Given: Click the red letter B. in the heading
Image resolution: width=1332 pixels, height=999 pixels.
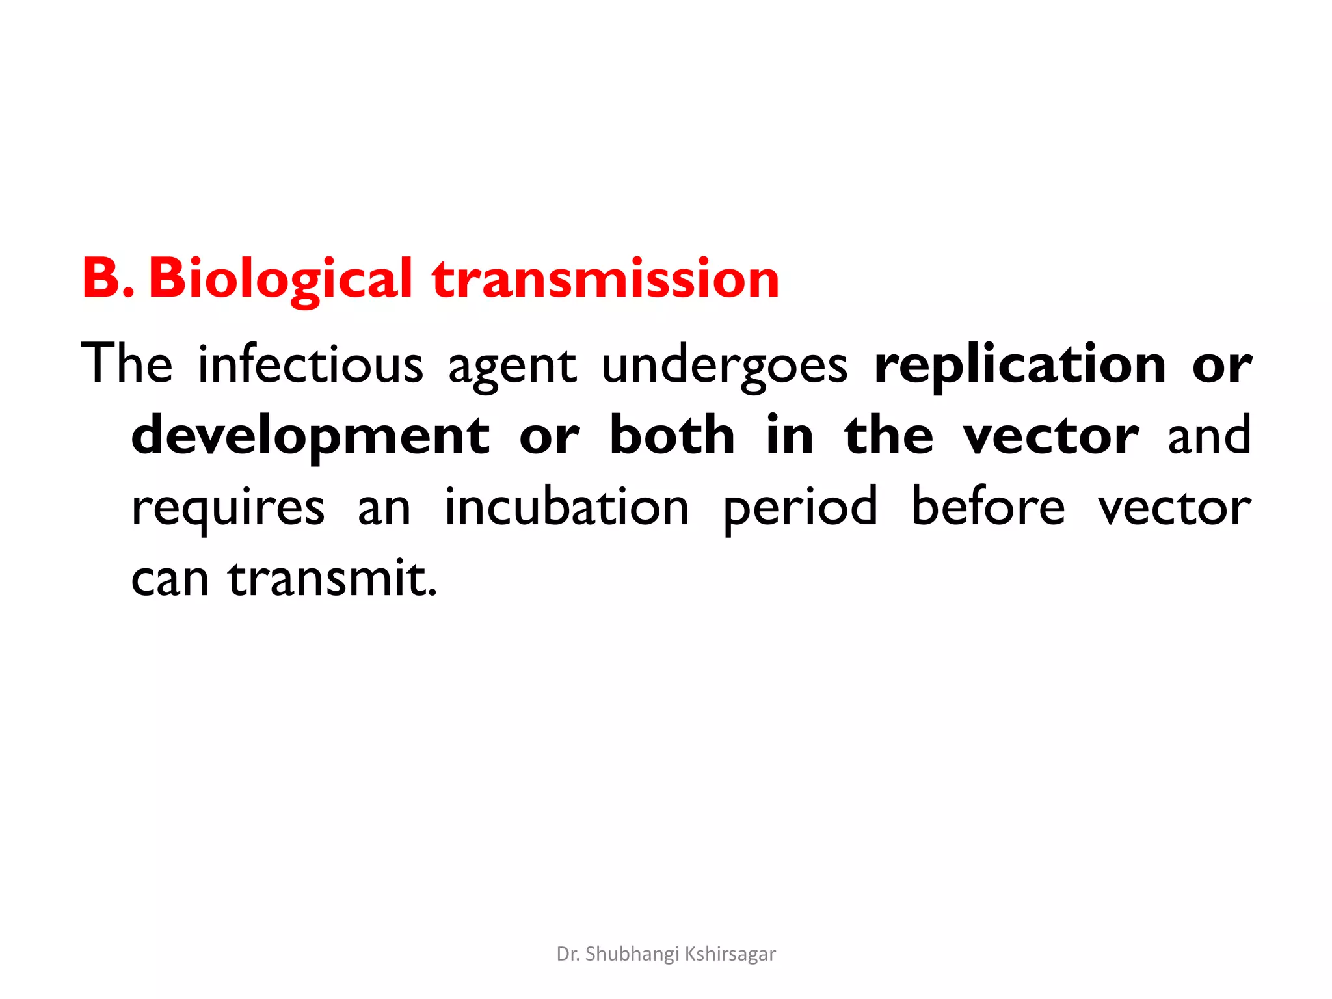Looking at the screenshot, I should coord(108,278).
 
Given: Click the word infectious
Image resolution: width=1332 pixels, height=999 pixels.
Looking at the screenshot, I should coord(310,364).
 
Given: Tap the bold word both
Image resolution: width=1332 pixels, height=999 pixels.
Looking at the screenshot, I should coord(673,435).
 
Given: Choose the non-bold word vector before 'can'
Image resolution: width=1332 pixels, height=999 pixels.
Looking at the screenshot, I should coord(1175,508).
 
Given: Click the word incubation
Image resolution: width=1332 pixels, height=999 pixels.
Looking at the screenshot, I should coord(566,507).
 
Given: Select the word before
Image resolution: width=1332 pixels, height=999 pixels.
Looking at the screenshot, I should coord(988,507).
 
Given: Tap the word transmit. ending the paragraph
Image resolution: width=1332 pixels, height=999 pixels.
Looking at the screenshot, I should coord(332,578).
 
